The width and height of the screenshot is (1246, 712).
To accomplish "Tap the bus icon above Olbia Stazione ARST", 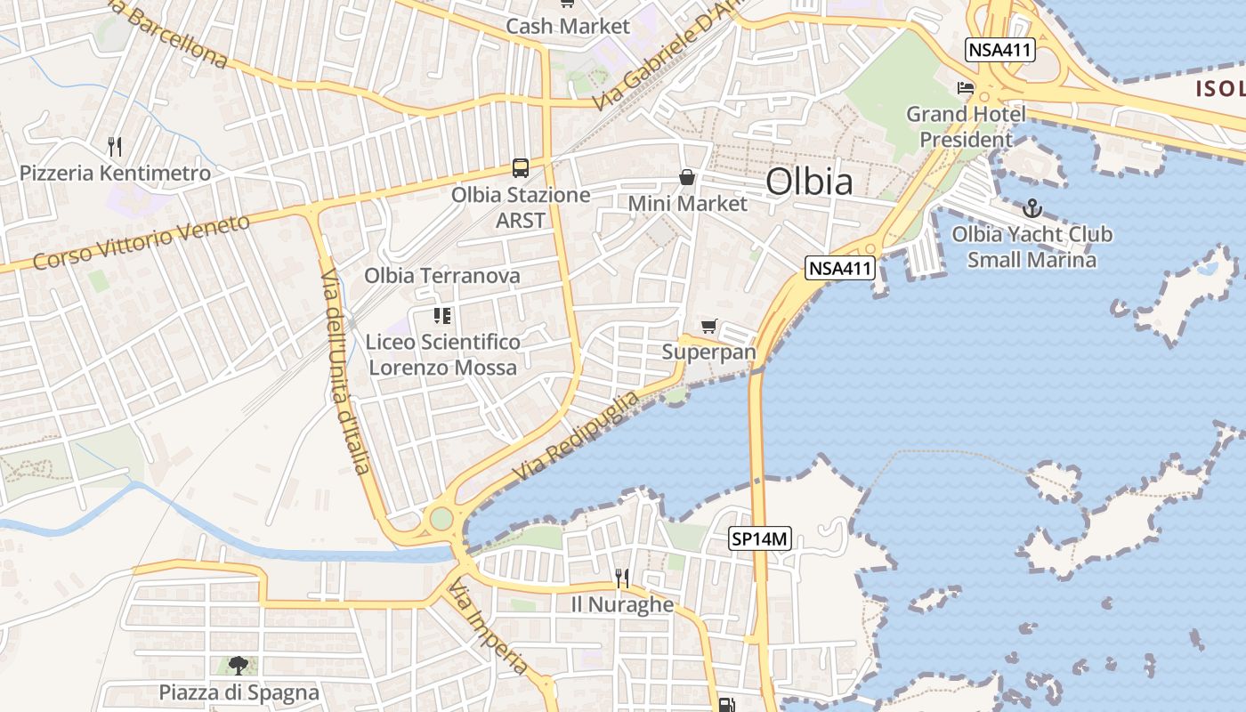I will (x=521, y=167).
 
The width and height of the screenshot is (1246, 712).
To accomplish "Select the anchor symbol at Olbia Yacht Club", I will (x=1032, y=209).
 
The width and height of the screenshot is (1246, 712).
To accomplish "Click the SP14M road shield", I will (x=760, y=538).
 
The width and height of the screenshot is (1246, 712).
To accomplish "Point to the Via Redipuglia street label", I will (x=576, y=436).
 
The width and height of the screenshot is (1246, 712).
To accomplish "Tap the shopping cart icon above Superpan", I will (x=708, y=327).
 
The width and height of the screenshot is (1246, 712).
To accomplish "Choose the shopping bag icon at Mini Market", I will (x=687, y=177).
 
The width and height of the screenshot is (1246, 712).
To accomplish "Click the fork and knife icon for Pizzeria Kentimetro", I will (x=114, y=146).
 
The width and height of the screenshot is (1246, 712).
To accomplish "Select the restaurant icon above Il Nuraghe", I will (x=622, y=578).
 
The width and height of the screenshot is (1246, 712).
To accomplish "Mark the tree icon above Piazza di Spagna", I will (x=238, y=665).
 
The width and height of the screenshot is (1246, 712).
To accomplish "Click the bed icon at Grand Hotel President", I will (x=966, y=87).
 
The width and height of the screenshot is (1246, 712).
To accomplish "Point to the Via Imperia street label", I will (x=489, y=627).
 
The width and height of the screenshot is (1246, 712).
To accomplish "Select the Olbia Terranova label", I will (x=441, y=276).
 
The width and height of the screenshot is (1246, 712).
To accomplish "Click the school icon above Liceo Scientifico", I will (x=442, y=315).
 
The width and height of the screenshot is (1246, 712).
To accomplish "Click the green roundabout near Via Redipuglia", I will (x=441, y=518).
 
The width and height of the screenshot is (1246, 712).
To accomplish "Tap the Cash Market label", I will (x=567, y=27).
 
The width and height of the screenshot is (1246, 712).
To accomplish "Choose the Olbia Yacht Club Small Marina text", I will (x=1032, y=247).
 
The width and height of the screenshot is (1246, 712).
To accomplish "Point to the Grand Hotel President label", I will (x=966, y=126).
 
